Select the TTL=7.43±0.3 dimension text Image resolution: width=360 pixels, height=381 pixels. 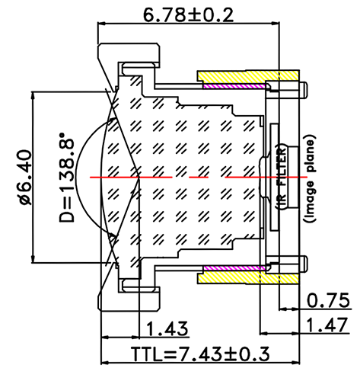(199, 355)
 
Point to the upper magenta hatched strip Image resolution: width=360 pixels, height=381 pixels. (232, 85)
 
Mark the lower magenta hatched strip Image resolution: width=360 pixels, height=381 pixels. (232, 268)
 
